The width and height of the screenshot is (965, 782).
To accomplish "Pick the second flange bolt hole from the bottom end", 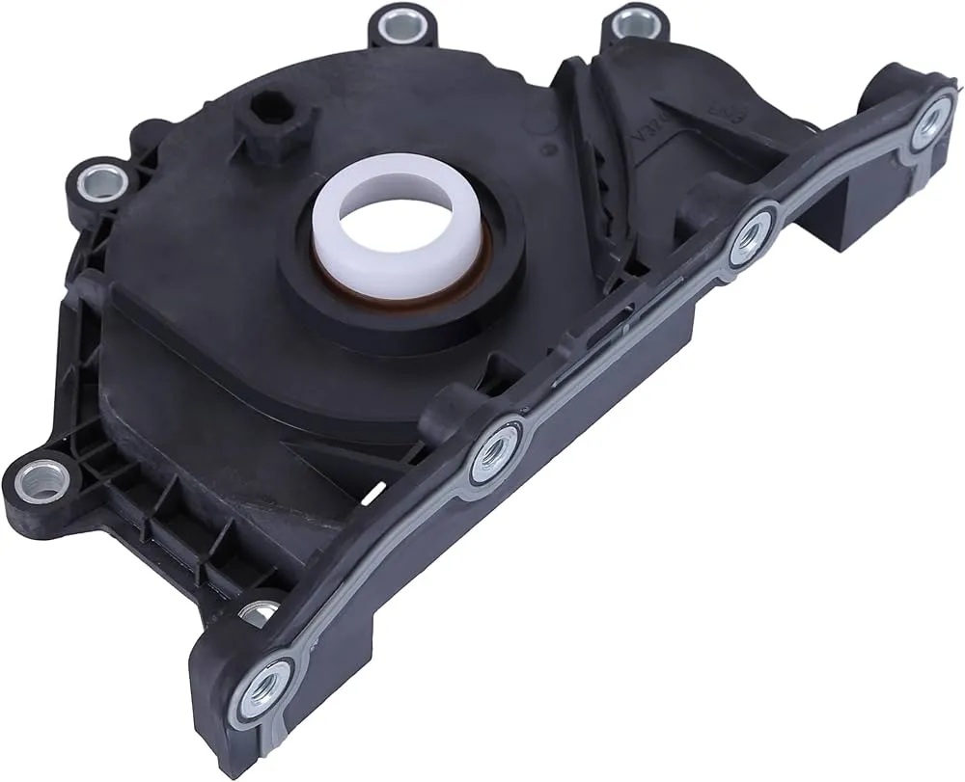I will [493, 449].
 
